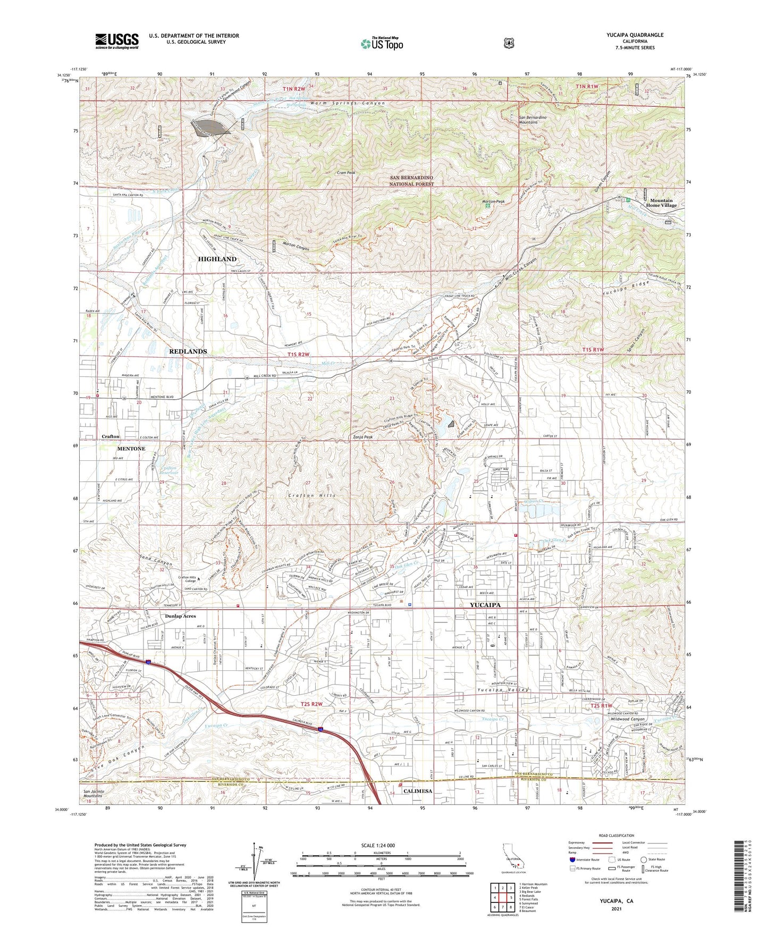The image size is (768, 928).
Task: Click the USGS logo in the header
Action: click(x=117, y=41)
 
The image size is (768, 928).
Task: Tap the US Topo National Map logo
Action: click(x=381, y=43)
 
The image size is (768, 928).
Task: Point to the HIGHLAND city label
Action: click(x=217, y=259)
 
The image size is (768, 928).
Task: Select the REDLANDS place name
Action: click(x=188, y=351)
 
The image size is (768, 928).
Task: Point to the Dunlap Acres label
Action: click(x=173, y=616)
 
